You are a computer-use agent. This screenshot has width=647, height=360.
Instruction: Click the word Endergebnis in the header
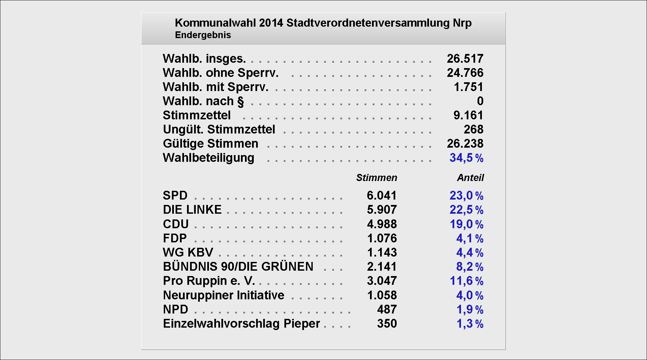(x=203, y=35)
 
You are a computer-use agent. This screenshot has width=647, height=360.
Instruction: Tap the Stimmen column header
(x=376, y=178)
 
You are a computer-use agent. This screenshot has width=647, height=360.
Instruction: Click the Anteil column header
(x=470, y=178)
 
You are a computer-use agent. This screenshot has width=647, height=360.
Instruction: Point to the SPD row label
(x=175, y=196)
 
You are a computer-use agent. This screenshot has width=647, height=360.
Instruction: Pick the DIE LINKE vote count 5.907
(x=382, y=210)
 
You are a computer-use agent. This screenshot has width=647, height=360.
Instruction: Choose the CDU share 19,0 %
(x=466, y=224)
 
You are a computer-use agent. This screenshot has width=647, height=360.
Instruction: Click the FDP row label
(x=175, y=238)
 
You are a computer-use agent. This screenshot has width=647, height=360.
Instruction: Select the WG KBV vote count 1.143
(x=382, y=252)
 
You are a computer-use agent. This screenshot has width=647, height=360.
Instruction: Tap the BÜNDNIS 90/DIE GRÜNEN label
(x=238, y=267)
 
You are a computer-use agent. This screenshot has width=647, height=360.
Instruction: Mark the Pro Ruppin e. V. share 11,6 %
(x=466, y=281)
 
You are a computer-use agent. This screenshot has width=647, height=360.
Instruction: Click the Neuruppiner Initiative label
(x=223, y=295)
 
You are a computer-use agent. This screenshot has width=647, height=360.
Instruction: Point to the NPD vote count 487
(x=387, y=309)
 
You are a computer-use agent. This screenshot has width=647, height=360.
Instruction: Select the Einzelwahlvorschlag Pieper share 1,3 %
(x=470, y=324)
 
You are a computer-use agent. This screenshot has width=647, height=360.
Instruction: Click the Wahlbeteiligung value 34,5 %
(x=466, y=158)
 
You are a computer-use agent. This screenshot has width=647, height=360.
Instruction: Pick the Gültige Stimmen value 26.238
(x=465, y=144)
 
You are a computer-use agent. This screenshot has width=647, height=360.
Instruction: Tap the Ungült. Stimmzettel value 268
(x=473, y=129)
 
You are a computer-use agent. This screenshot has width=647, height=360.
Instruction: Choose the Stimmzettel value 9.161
(x=468, y=115)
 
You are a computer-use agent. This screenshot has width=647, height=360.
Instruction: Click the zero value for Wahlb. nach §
(x=480, y=101)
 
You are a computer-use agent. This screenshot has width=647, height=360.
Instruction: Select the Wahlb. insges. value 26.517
(x=465, y=59)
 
